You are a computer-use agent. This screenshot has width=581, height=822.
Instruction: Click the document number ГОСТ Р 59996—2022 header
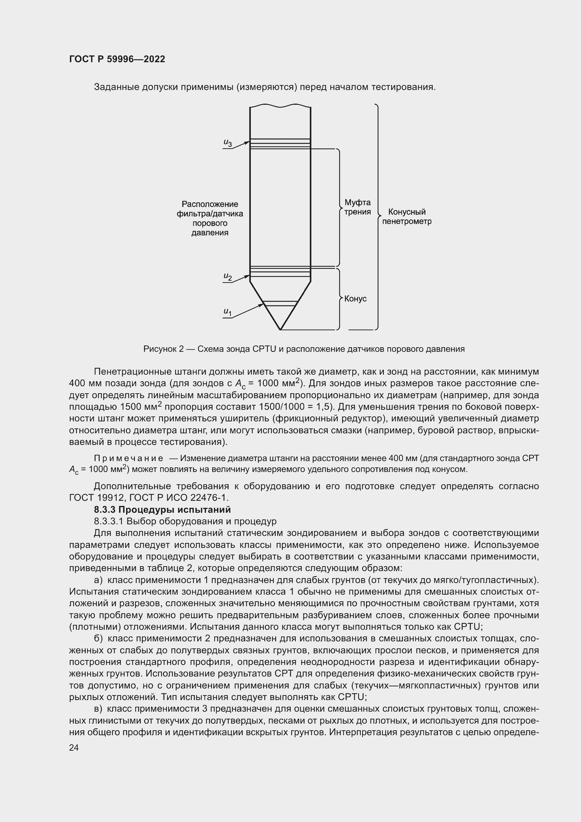[x=117, y=59]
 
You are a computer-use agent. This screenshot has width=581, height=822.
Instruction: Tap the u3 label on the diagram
[x=228, y=143]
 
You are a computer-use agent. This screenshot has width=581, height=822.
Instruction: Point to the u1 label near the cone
[x=228, y=312]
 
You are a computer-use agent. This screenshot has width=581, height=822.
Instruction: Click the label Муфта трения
[x=357, y=207]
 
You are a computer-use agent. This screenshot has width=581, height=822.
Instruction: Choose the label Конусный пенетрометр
[x=407, y=216]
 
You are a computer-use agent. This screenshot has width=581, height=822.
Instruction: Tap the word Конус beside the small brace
[x=355, y=299]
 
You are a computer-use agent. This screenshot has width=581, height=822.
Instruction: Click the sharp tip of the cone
[x=280, y=329]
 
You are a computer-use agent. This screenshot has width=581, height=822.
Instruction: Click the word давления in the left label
[x=210, y=233]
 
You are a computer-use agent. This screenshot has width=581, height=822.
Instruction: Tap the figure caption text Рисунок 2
[x=163, y=349]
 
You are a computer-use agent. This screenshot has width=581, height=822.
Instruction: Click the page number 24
[x=74, y=747]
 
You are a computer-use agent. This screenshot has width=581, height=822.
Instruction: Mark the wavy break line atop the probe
[x=280, y=106]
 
